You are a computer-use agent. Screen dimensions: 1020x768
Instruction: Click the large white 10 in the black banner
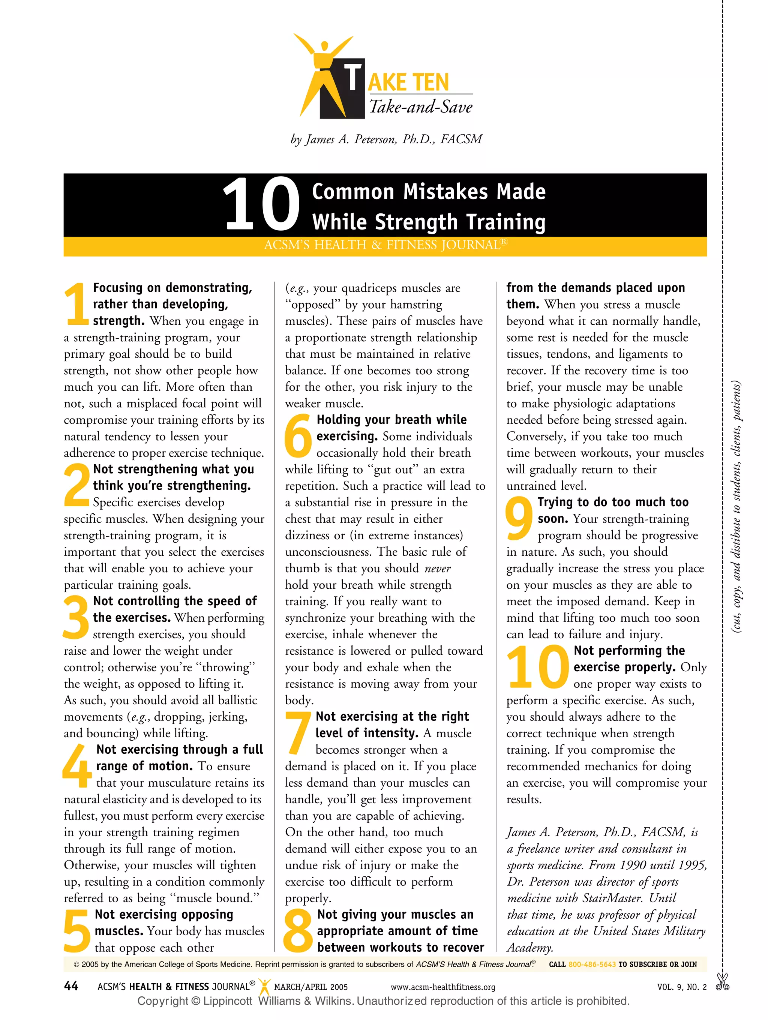(x=261, y=204)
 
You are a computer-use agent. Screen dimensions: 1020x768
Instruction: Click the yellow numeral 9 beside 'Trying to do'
(x=519, y=518)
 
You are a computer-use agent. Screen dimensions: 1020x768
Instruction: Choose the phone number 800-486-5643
(x=592, y=964)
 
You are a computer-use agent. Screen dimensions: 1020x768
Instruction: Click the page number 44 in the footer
(x=71, y=986)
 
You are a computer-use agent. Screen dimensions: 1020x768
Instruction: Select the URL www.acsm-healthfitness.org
(x=442, y=987)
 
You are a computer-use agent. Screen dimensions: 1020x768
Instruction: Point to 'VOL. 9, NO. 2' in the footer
(x=682, y=987)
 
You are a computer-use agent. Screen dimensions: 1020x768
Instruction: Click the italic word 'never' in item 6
(x=438, y=568)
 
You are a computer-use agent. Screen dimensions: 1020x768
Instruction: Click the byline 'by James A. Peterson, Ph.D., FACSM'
(x=386, y=139)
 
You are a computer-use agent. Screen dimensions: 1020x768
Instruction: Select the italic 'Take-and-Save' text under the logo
(x=420, y=108)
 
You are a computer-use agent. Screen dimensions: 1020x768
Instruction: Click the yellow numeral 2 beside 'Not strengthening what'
(x=76, y=485)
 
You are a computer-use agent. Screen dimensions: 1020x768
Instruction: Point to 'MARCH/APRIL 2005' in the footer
(x=311, y=987)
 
